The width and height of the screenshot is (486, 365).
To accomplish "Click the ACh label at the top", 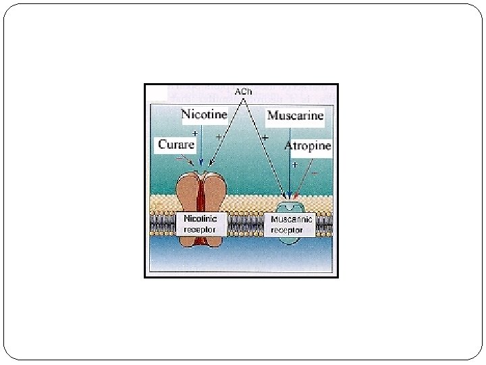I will point(243,91).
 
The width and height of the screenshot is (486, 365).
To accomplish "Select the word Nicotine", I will point(204,114).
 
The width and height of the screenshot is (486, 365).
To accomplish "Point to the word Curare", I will point(176,144).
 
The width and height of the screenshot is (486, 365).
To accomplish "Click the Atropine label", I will point(308,146).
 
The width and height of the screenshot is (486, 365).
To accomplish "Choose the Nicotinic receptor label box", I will point(200,224).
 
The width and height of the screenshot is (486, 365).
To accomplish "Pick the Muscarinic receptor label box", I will point(292,224).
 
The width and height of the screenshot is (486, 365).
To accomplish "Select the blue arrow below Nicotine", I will point(200,145).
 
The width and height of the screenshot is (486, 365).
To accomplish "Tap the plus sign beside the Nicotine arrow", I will point(195,134).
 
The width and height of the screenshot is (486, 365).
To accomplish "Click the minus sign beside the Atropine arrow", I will point(315,172).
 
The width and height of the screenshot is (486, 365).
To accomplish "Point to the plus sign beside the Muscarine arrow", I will point(295,165).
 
